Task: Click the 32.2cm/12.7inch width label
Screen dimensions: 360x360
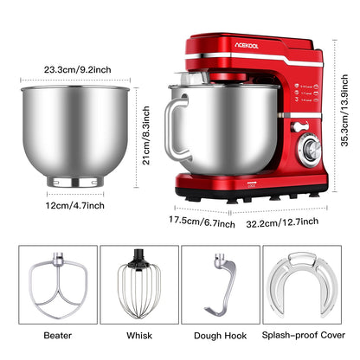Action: coord(280,222)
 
